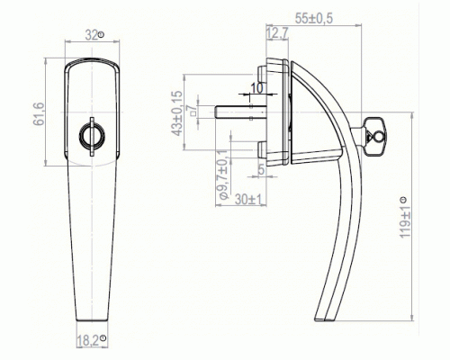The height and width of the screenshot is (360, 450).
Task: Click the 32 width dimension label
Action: click(91, 35)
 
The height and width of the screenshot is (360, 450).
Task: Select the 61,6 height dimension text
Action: click(39, 114)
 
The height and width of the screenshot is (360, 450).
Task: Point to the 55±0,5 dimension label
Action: click(314, 19)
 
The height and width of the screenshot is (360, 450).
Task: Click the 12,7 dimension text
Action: click(277, 33)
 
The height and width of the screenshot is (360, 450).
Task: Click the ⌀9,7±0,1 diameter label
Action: click(223, 175)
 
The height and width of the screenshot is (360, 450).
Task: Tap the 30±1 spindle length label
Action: click(248, 200)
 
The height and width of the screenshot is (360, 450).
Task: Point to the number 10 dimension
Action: click(256, 88)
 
